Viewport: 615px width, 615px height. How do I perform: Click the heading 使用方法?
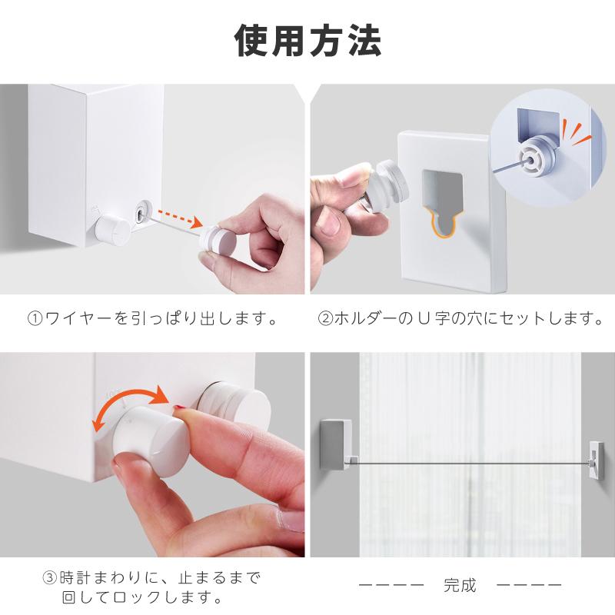pos(307,41)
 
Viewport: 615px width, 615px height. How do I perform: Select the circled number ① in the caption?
pos(35,318)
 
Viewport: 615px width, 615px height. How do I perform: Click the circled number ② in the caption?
pos(325,318)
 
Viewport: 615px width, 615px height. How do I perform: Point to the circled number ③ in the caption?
pos(50,578)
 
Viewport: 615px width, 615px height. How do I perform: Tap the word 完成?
pos(460,585)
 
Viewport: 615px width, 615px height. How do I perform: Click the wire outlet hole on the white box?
pos(141,214)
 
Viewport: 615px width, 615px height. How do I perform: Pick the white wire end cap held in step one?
pos(217,238)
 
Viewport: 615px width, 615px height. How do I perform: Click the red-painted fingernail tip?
pos(179,409)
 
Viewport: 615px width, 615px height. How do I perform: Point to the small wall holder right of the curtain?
pos(596,461)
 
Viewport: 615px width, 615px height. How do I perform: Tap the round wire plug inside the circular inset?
pos(537,156)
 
